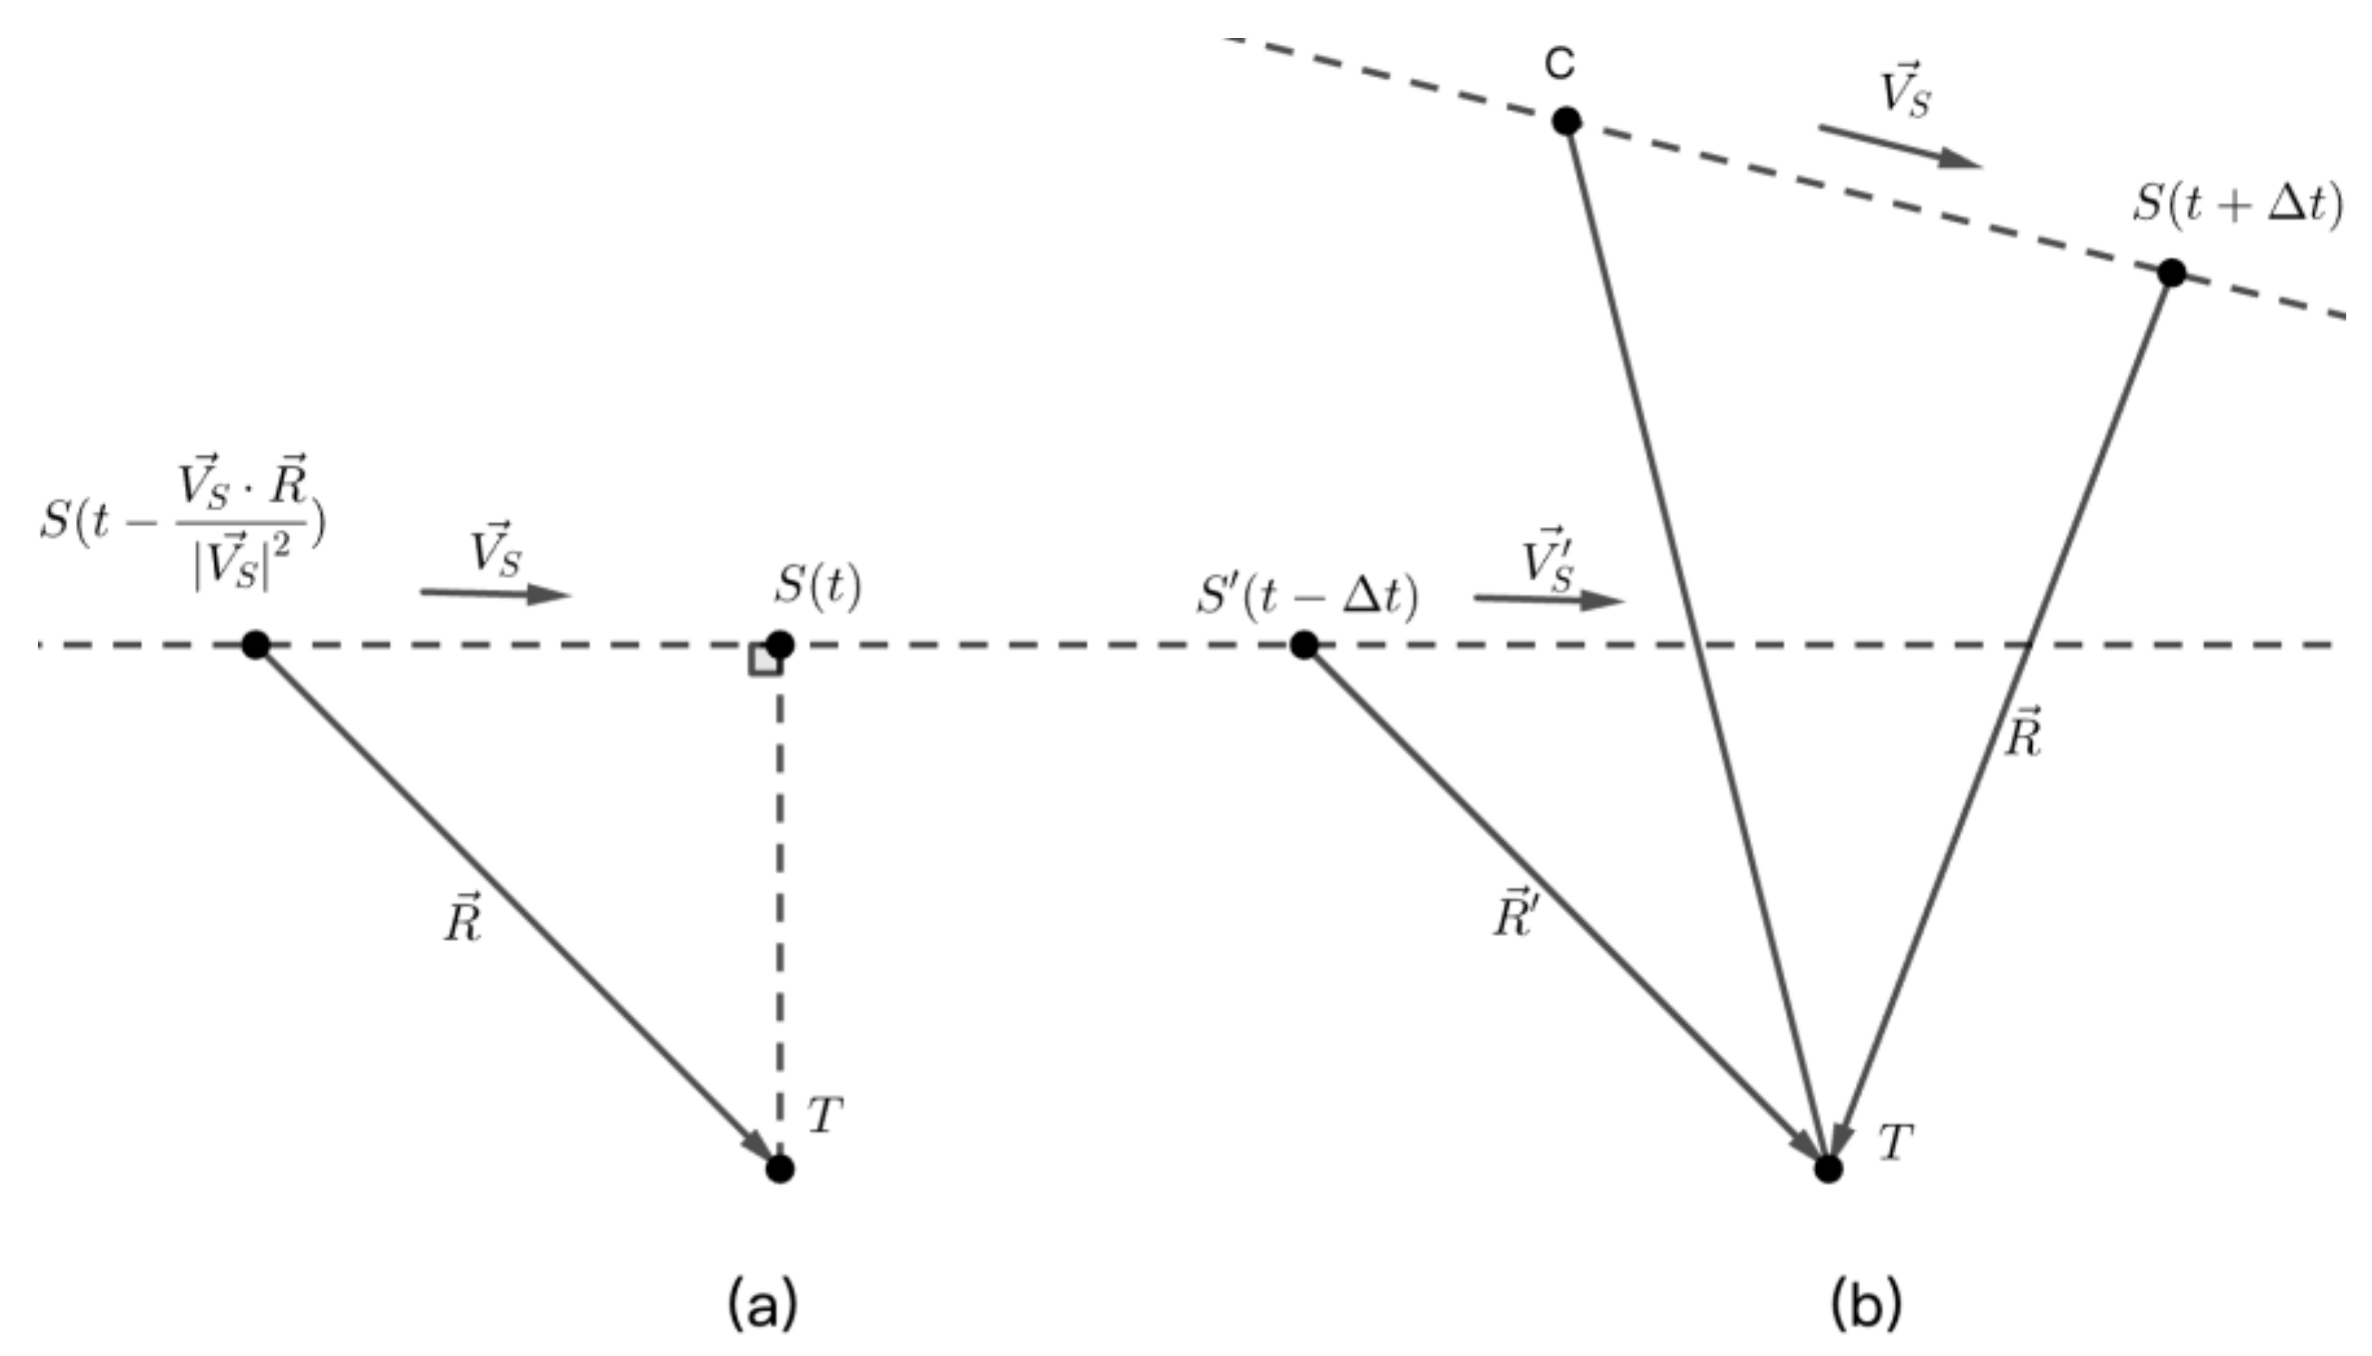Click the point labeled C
[x=1567, y=121]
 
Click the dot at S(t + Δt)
[x=2172, y=273]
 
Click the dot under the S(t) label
[x=780, y=643]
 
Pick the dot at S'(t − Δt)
[x=1304, y=643]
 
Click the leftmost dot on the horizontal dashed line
[x=256, y=643]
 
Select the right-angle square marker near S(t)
[x=765, y=660]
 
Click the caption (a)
[x=762, y=1305]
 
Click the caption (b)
[x=1865, y=1305]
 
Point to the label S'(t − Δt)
[x=1306, y=596]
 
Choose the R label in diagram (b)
[x=2023, y=733]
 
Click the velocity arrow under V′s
[x=1549, y=600]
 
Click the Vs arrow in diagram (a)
[x=495, y=593]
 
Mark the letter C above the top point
[x=1561, y=63]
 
